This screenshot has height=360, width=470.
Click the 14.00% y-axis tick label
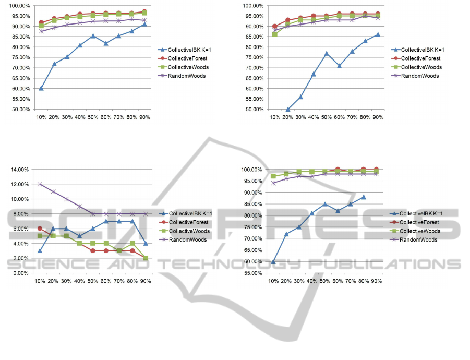(x=20, y=170)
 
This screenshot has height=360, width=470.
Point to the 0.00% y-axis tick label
(x=21, y=273)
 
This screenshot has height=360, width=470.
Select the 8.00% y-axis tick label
(x=21, y=214)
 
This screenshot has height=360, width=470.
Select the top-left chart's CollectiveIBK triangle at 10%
(x=41, y=88)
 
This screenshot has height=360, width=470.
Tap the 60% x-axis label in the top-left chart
(x=106, y=117)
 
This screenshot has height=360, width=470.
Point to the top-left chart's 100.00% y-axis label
(x=20, y=6)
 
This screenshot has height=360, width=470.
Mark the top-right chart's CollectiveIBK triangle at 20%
(x=288, y=109)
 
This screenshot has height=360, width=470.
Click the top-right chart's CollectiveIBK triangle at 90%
(x=378, y=34)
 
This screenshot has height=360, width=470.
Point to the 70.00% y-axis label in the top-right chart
(x=254, y=68)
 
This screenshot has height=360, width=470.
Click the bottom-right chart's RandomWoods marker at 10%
(x=273, y=183)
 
